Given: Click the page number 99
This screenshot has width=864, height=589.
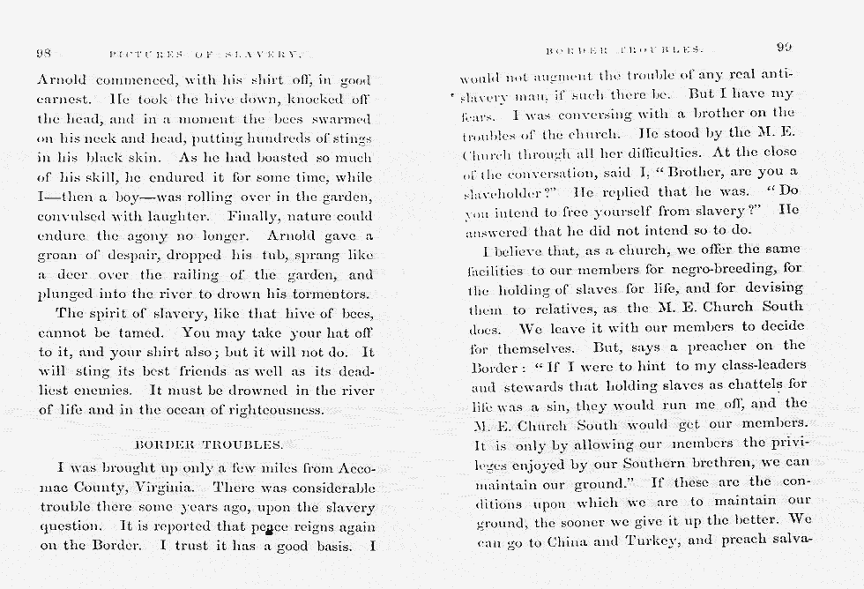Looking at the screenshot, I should (x=784, y=48).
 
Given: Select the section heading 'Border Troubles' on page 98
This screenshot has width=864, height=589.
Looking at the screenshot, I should (x=208, y=444).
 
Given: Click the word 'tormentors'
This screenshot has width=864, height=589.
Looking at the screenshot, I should (x=328, y=294).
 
